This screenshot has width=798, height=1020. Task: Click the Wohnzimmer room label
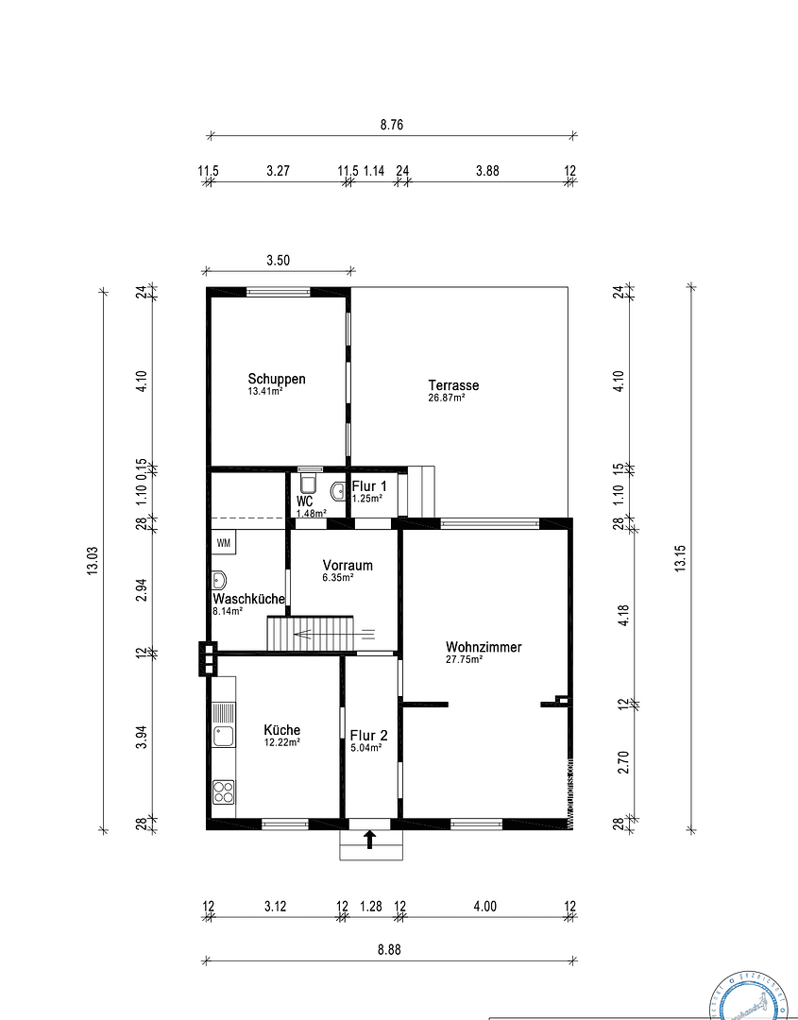[x=484, y=647]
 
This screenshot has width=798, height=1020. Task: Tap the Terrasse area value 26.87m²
[x=446, y=398]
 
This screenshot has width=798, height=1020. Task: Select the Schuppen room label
[x=277, y=379]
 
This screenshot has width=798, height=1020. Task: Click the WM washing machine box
[x=224, y=543]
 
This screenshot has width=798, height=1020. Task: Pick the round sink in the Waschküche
[x=220, y=581]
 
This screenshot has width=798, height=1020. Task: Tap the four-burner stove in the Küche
[x=224, y=790]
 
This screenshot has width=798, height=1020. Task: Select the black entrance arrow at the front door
[x=369, y=839]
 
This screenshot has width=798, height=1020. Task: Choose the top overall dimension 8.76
[x=391, y=125]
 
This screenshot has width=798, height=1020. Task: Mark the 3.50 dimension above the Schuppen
[x=277, y=262]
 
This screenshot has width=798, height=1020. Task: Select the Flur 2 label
[x=368, y=735]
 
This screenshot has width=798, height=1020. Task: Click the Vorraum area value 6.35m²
[x=338, y=577]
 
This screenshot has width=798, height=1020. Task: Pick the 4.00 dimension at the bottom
[x=484, y=906]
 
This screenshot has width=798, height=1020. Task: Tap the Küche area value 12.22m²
[x=281, y=742]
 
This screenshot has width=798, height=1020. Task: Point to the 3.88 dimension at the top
[x=487, y=171]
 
